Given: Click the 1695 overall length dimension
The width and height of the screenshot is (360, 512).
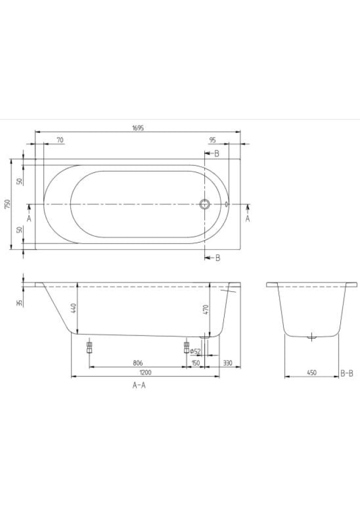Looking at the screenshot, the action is [138, 128].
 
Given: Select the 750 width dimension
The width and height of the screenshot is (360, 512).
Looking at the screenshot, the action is [8, 204].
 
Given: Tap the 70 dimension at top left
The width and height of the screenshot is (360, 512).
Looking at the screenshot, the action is [60, 140].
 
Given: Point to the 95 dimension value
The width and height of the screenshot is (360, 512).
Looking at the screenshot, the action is [212, 140].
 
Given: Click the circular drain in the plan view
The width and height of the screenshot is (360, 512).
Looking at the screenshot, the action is [205, 204].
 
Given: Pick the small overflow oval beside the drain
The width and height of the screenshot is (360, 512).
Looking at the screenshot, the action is [226, 204].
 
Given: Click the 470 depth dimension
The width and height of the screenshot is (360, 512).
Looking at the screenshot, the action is [205, 309].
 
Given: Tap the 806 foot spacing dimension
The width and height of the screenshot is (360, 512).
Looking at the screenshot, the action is [138, 363].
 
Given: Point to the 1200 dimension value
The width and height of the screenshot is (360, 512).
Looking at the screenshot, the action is [146, 372].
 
